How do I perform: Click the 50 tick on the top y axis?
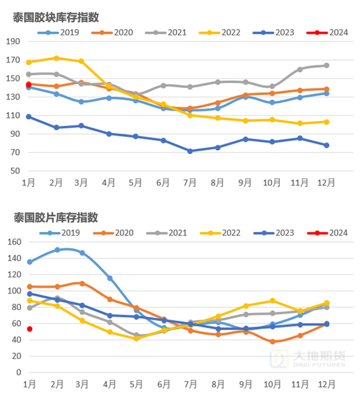pyautogui.click(x=15, y=171)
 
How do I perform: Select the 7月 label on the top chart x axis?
pyautogui.click(x=190, y=183)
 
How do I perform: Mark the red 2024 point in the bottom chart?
pyautogui.click(x=30, y=329)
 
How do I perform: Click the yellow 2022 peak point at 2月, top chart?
pyautogui.click(x=57, y=58)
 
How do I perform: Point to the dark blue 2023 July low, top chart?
pyautogui.click(x=190, y=151)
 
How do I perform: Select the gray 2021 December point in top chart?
pyautogui.click(x=327, y=65)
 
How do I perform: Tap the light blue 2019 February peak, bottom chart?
pyautogui.click(x=57, y=250)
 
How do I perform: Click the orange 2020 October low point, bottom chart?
pyautogui.click(x=273, y=342)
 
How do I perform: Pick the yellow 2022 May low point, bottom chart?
pyautogui.click(x=137, y=339)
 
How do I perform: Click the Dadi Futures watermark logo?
pyautogui.click(x=309, y=359)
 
